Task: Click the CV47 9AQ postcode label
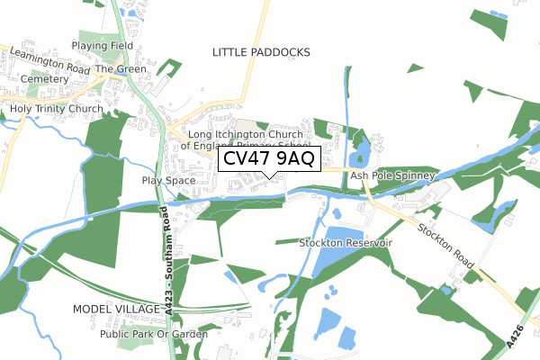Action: [x=269, y=159]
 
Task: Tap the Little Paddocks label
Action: [x=261, y=53]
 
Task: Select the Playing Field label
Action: [x=103, y=45]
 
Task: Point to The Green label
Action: [x=120, y=68]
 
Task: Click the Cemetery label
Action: [x=45, y=79]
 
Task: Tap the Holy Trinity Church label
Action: [x=57, y=109]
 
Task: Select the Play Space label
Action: [x=168, y=181]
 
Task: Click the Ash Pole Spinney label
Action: [x=392, y=175]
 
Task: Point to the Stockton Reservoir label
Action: [x=346, y=243]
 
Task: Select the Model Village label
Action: [x=111, y=309]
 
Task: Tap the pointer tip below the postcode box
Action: [x=269, y=177]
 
